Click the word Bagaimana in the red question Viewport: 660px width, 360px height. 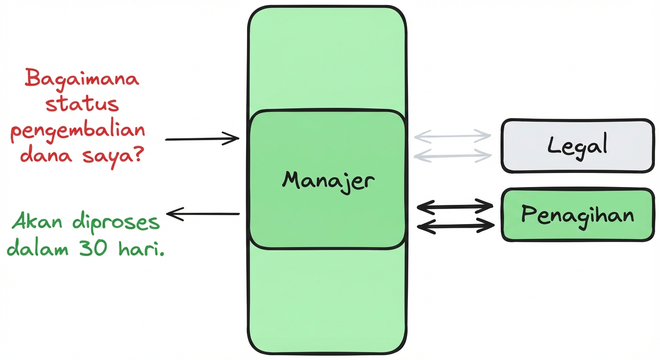tap(82, 79)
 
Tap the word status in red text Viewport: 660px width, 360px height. tap(82, 104)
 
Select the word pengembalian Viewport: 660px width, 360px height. tap(78, 131)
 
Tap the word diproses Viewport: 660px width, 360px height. tap(117, 223)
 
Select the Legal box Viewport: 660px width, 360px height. tap(577, 146)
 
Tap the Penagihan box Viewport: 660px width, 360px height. tap(577, 215)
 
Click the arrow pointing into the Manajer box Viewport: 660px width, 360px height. tap(202, 139)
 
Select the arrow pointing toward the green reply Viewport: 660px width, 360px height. tap(203, 214)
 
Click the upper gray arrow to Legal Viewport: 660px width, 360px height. tap(452, 136)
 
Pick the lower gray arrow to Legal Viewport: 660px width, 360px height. tap(452, 155)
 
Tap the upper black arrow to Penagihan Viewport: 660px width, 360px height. tap(455, 205)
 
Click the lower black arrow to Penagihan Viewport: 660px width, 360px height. tap(455, 226)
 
